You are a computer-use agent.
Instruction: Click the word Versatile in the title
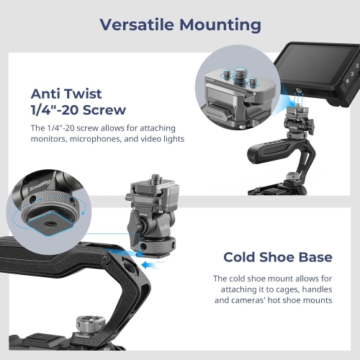point(133,24)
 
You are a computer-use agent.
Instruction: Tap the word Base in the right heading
point(316,257)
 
